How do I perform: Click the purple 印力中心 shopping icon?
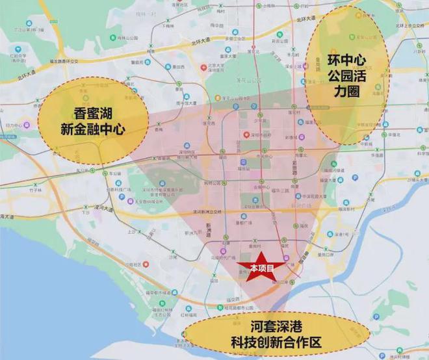pos(19,125)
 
